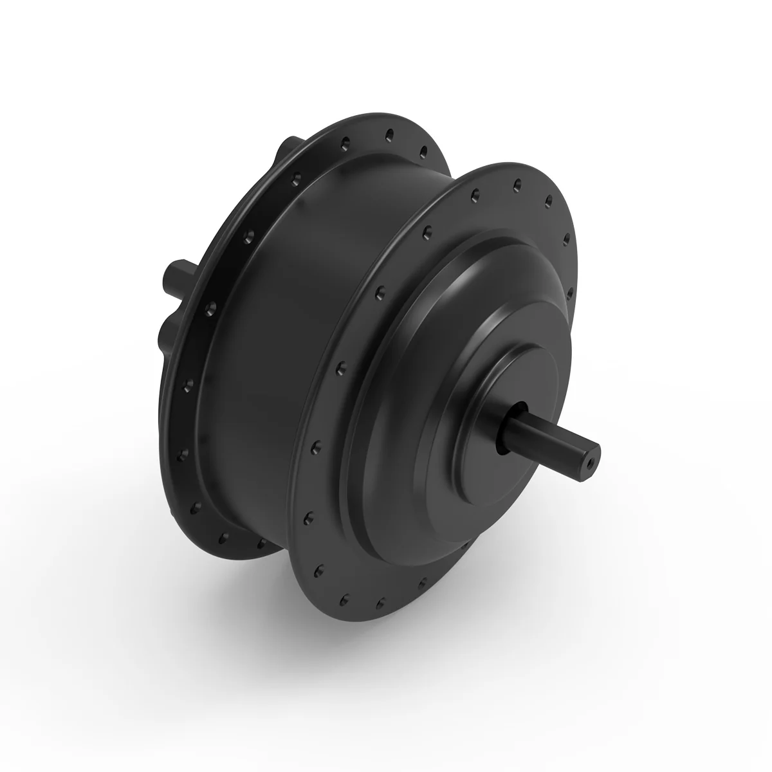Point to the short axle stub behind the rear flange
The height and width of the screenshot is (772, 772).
[x=176, y=277]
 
